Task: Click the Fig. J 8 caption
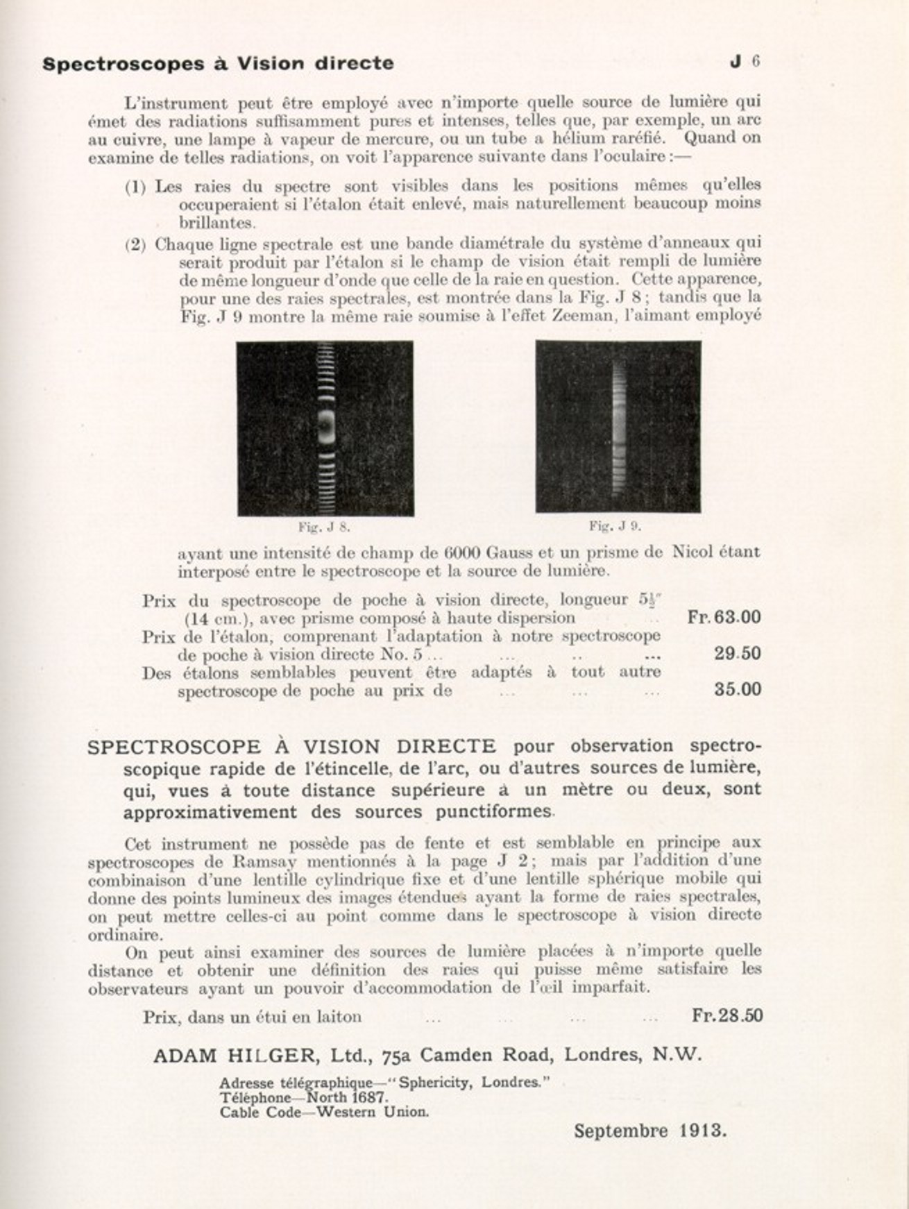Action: tap(324, 527)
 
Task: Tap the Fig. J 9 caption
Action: tap(615, 526)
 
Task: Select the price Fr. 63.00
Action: tap(724, 617)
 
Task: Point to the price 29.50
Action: tap(737, 653)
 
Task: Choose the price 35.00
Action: tap(737, 689)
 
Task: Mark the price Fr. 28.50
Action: tap(727, 1015)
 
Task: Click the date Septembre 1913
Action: tap(649, 1131)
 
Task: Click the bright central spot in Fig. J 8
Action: tap(325, 428)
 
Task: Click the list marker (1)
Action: tap(135, 187)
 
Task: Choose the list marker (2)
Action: tap(135, 244)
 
